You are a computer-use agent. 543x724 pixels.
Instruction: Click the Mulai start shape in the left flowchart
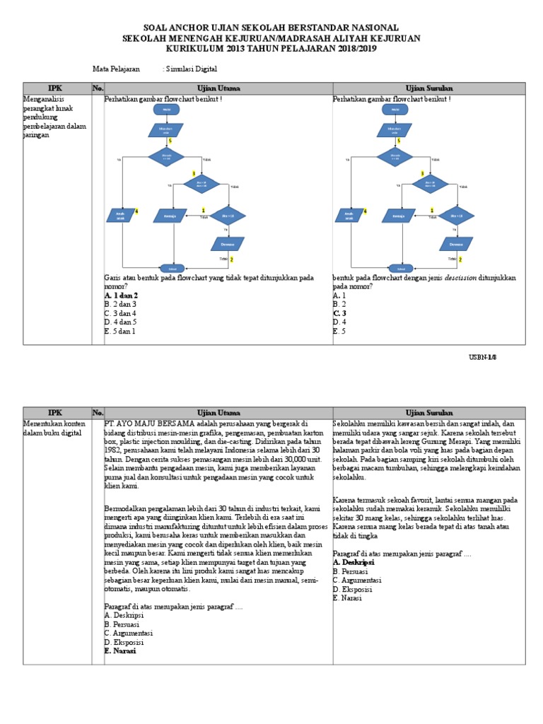coord(167,110)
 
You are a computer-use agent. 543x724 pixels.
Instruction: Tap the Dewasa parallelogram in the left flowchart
coord(228,244)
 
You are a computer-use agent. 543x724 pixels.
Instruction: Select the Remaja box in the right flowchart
coord(399,216)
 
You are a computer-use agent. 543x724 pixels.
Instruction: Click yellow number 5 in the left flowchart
coord(170,141)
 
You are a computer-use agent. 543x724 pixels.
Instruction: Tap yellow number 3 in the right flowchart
coord(422,173)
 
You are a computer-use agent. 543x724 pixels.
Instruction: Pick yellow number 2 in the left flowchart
coord(231,259)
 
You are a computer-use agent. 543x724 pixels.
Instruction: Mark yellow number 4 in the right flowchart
coord(366,211)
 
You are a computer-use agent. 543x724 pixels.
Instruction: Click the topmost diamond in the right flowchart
coord(395,157)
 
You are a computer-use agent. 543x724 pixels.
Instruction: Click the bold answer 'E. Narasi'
coord(120,651)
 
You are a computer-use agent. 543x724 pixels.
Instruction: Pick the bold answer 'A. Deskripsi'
coord(354,562)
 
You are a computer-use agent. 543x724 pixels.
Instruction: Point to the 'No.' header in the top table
coord(98,88)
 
